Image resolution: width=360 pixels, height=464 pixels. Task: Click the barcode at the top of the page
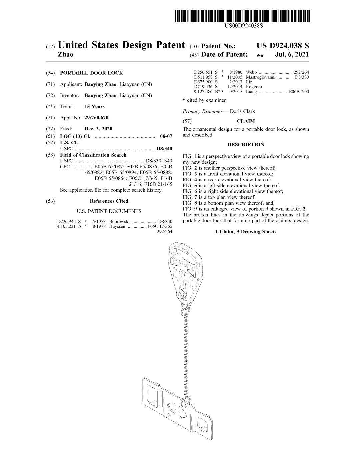[242, 16]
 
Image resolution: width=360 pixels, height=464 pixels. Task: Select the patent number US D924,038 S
[282, 46]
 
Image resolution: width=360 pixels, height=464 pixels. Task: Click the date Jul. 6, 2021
[292, 54]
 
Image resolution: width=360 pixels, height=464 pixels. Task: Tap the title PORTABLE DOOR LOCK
[91, 73]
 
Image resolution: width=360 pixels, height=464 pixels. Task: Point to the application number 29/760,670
[96, 117]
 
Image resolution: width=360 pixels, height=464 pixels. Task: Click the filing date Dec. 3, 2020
[98, 129]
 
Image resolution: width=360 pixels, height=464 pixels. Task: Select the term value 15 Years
[94, 106]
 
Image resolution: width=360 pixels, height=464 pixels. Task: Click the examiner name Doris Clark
[242, 111]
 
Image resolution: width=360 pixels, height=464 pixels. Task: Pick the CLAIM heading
[246, 121]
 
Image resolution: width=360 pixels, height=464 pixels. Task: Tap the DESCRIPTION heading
[246, 145]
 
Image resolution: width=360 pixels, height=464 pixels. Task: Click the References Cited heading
[109, 201]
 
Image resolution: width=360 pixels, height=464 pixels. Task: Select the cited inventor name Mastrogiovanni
[260, 77]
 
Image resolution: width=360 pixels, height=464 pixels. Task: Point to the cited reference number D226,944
[66, 221]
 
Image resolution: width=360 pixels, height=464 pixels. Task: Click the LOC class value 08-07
[166, 136]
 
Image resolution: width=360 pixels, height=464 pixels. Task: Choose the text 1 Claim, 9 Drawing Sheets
[246, 232]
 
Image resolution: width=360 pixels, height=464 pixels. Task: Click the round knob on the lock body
[180, 296]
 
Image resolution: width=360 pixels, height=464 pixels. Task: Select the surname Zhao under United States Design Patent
[66, 54]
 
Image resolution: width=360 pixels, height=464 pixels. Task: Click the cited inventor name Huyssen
[117, 226]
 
